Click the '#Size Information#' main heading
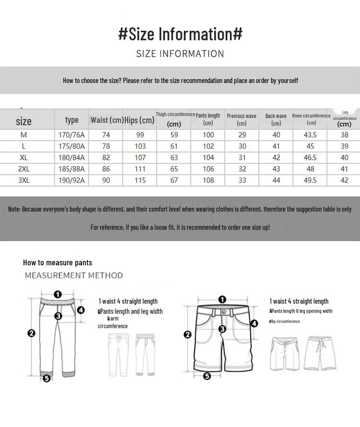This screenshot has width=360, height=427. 180,34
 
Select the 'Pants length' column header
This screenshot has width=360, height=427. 208,119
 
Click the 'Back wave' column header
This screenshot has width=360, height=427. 276,119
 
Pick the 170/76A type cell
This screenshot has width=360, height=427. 72,135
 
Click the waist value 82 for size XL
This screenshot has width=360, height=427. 106,157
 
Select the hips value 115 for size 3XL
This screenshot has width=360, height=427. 140,180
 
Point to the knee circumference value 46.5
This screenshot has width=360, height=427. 310,157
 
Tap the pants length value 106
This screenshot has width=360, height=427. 208,169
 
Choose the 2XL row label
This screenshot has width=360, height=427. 24,169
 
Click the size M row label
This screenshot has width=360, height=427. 24,135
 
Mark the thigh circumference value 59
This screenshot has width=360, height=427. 174,135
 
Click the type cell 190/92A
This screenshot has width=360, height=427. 72,180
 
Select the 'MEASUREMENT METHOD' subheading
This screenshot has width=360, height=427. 74,275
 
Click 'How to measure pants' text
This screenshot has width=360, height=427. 58,262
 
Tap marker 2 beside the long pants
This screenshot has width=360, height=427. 32,333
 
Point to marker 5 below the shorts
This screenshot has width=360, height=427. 207,376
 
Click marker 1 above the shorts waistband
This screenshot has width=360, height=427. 222,300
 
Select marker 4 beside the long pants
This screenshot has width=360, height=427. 81,310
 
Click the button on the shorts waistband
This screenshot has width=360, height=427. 223,311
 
